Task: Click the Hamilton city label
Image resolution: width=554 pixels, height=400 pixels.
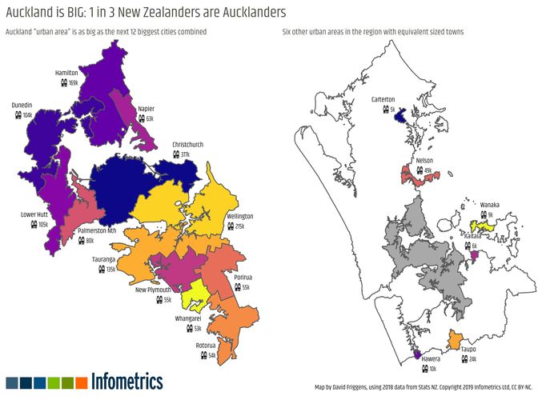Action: (66, 73)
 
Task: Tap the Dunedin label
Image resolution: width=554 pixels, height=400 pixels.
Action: (22, 105)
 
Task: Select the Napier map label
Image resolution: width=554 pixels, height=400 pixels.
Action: (146, 108)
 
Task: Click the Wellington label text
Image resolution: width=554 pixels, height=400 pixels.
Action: (239, 217)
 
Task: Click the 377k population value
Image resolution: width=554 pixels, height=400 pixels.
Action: (186, 154)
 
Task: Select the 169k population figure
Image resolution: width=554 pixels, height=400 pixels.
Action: (73, 82)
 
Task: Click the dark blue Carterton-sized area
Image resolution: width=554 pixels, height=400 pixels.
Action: (398, 117)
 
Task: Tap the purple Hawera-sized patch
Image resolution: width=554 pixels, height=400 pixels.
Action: (416, 353)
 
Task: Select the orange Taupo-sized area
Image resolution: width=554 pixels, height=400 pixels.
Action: (456, 340)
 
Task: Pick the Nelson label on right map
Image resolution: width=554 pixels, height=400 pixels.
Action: (425, 161)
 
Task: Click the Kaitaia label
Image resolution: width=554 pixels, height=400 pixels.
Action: (472, 236)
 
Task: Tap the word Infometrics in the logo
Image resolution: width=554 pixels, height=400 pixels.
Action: (127, 381)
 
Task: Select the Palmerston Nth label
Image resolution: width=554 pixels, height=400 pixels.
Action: (97, 230)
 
